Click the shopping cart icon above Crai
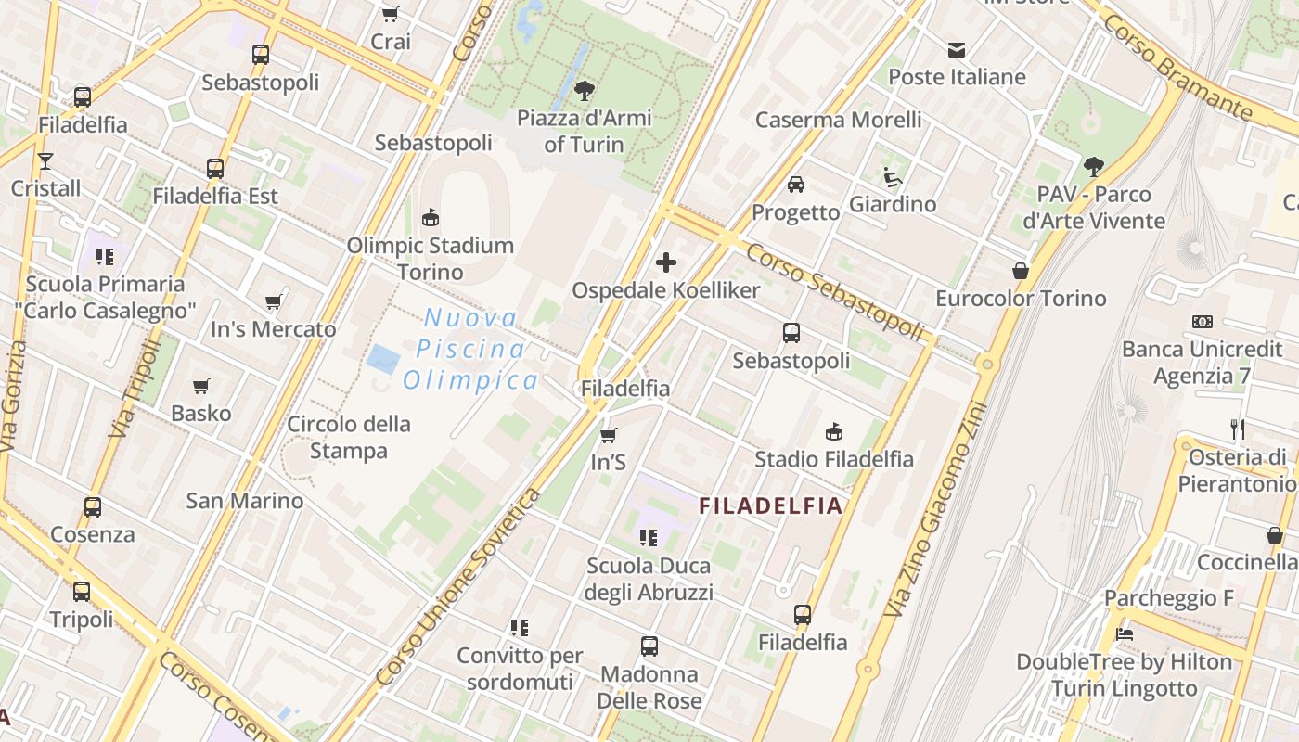point(391,14)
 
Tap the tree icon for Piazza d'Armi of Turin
point(585,90)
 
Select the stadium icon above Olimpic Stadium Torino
point(431,218)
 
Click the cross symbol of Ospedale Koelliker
point(666,262)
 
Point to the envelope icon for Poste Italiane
point(957,49)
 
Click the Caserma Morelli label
point(838,120)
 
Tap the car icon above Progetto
point(795,185)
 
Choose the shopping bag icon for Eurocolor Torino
point(1021,271)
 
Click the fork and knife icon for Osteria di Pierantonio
point(1237,429)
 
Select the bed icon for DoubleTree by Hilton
point(1125,634)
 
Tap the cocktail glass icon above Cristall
point(45,160)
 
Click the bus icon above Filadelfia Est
point(215,169)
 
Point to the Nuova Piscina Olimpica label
point(470,350)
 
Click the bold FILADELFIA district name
point(770,506)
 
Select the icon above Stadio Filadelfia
point(833,431)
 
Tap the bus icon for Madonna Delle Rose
point(649,646)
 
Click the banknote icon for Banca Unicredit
point(1203,322)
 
